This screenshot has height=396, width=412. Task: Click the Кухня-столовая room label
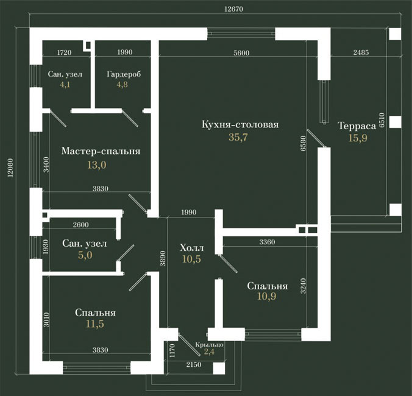(x=240, y=124)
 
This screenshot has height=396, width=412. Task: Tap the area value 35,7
(x=238, y=137)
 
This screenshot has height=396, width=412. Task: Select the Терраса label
(x=357, y=126)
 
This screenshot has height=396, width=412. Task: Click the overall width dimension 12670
(x=234, y=9)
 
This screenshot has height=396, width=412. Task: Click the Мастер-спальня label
(x=101, y=151)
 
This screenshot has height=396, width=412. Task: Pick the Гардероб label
(x=124, y=74)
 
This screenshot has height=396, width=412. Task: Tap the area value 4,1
(x=65, y=85)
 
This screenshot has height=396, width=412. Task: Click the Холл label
(x=192, y=247)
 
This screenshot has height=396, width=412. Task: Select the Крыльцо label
(x=209, y=345)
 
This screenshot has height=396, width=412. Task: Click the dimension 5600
(x=241, y=53)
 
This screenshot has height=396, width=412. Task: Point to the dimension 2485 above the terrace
(x=361, y=52)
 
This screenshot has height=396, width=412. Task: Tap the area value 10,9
(x=267, y=296)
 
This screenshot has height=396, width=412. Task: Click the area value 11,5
(x=95, y=324)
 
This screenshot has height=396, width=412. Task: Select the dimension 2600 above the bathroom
(x=80, y=225)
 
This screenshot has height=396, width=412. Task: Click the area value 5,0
(x=85, y=255)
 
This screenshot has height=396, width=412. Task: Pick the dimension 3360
(x=267, y=242)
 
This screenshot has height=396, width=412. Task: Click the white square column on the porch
(x=219, y=368)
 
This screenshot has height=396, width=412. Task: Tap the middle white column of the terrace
(x=395, y=122)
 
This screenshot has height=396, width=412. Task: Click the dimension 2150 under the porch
(x=194, y=364)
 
